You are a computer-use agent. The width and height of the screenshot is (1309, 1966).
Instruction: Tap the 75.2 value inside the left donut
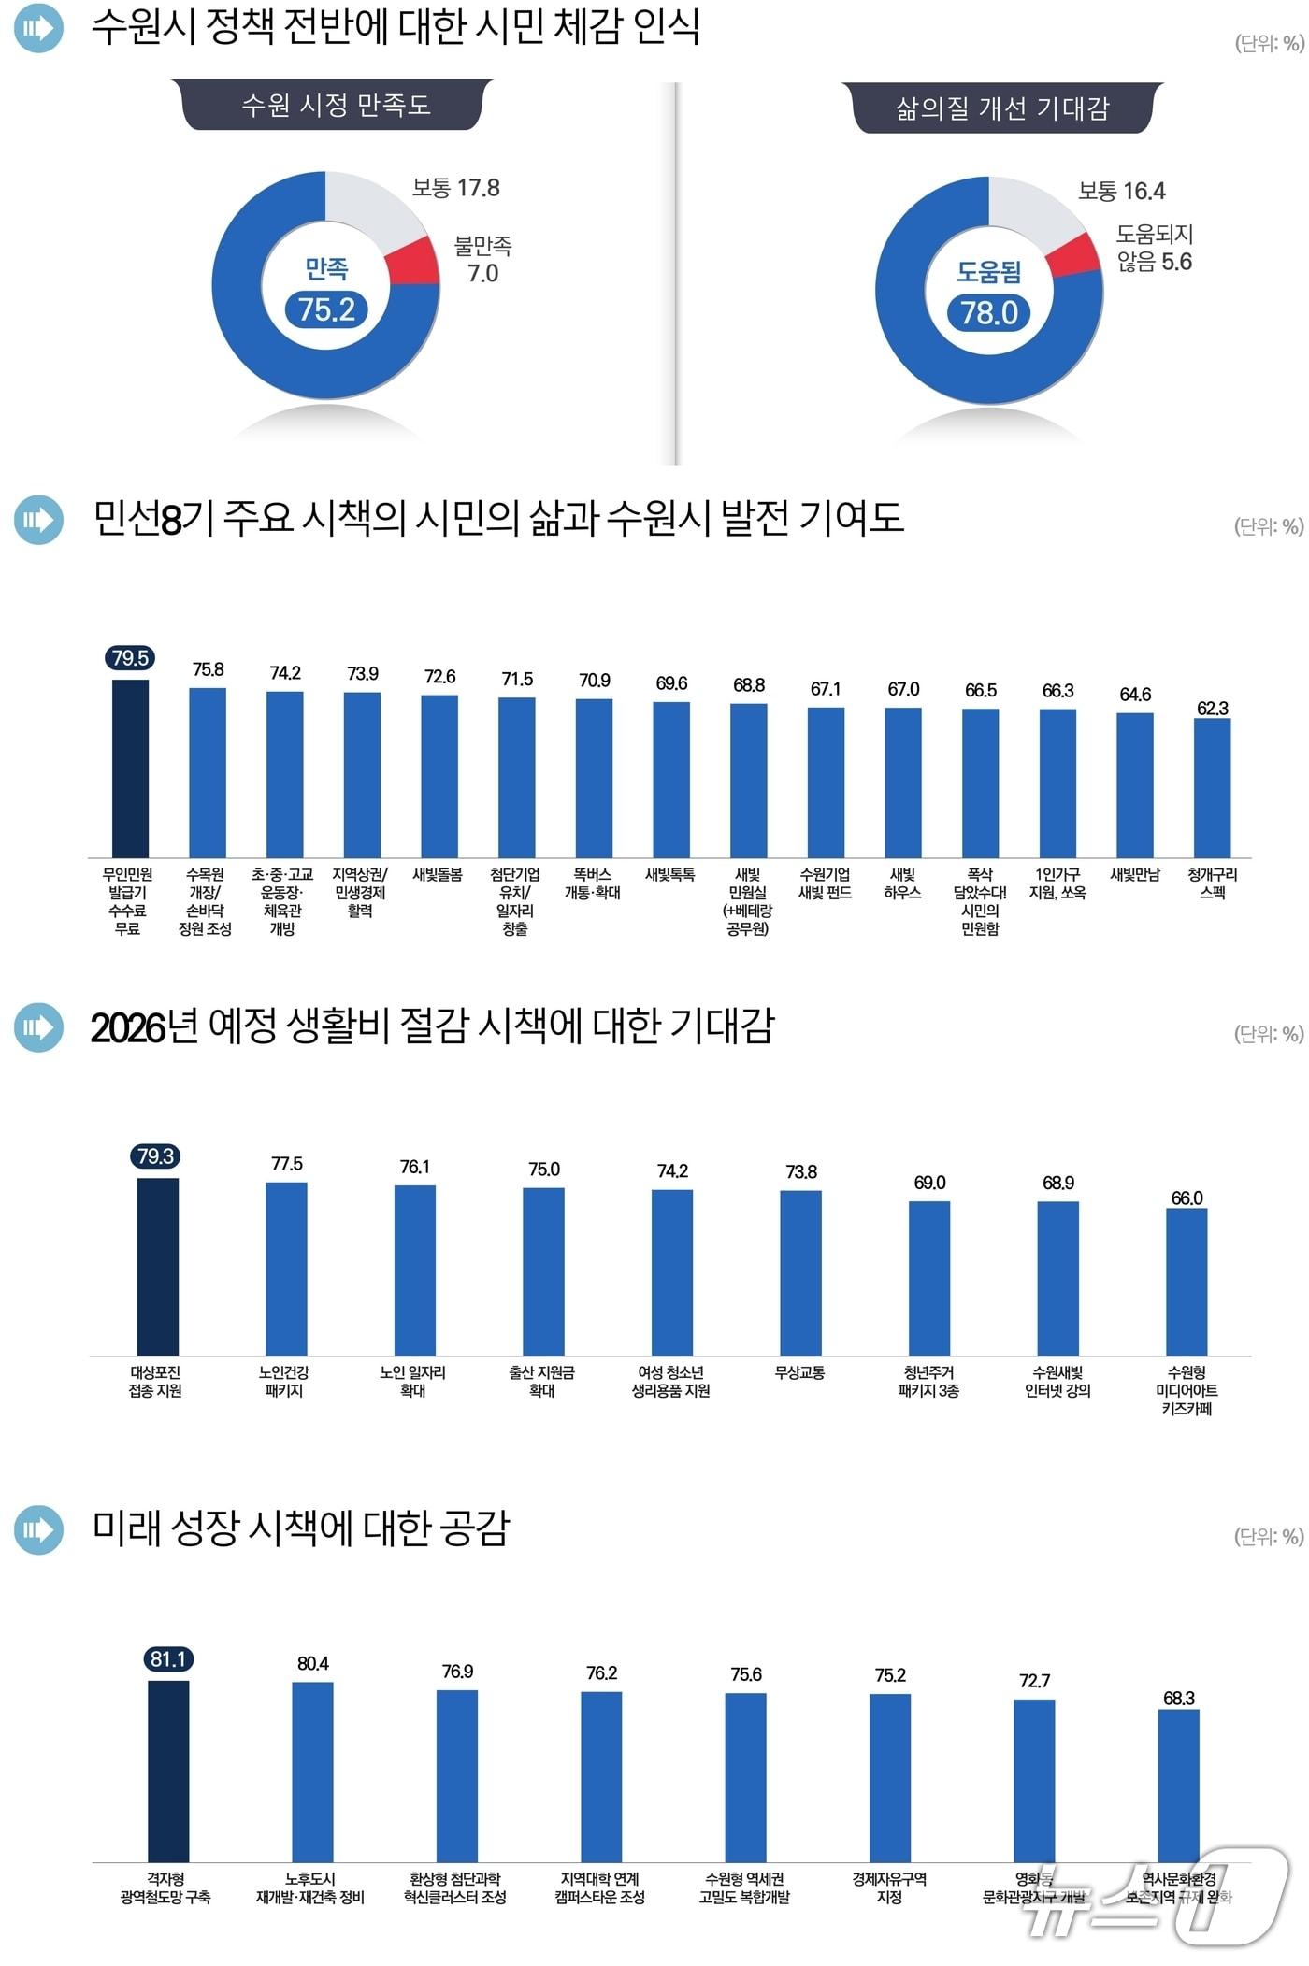pyautogui.click(x=326, y=309)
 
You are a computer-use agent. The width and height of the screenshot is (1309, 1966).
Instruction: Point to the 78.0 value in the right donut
pyautogui.click(x=989, y=312)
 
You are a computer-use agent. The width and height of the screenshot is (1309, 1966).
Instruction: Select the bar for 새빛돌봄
pyautogui.click(x=439, y=776)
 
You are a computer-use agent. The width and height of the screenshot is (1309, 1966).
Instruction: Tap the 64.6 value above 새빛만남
pyautogui.click(x=1135, y=695)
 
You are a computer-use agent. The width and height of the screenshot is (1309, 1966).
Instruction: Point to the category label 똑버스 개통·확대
pyautogui.click(x=593, y=883)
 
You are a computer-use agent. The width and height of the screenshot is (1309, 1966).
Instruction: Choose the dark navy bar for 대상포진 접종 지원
pyautogui.click(x=157, y=1267)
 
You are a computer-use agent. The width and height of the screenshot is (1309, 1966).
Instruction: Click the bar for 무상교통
pyautogui.click(x=800, y=1272)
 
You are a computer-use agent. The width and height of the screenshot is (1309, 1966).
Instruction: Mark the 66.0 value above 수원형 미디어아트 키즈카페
pyautogui.click(x=1187, y=1198)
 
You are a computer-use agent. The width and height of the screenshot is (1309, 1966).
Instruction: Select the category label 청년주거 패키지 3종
pyautogui.click(x=928, y=1382)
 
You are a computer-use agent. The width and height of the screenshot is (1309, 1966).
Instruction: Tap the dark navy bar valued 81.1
pyautogui.click(x=168, y=1772)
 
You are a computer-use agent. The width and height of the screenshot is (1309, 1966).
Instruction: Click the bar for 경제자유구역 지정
pyautogui.click(x=889, y=1777)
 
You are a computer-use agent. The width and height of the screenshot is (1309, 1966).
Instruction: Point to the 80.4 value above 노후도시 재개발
pyautogui.click(x=313, y=1664)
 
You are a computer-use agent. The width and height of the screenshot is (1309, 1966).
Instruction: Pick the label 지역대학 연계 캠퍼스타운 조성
pyautogui.click(x=600, y=1887)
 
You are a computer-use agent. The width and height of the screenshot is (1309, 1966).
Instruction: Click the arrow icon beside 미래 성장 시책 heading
pyautogui.click(x=38, y=1529)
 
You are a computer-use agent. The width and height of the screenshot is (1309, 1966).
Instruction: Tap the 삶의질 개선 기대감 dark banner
pyautogui.click(x=1001, y=108)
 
